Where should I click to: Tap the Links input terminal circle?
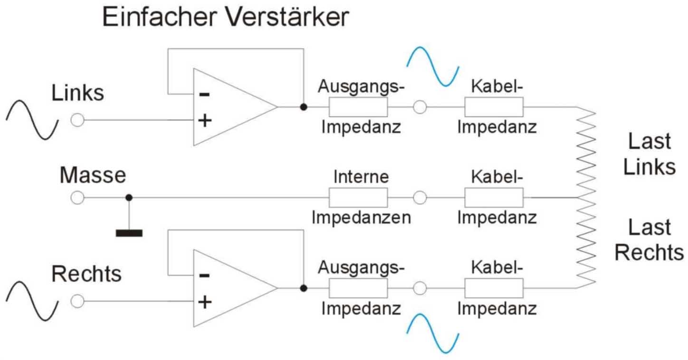pos(77,120)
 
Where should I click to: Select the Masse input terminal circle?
pos(77,198)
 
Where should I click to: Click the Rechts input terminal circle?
pos(77,301)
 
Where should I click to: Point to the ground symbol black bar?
pos(129,233)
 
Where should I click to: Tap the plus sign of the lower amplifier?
pos(204,302)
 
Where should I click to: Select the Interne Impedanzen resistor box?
pos(358,198)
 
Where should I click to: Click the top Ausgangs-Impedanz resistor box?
pos(358,107)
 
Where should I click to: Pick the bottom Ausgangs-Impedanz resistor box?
pos(358,288)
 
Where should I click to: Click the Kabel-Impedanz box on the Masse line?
pos(494,198)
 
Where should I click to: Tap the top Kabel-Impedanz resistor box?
pos(494,107)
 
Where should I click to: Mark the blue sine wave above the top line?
pos(433,66)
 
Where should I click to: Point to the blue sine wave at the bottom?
pos(433,333)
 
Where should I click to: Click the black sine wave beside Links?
pos(32,120)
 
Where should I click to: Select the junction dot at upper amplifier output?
pos(304,107)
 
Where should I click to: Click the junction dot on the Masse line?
pos(129,198)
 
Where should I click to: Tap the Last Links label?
pos(649,154)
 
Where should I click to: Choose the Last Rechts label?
pos(649,240)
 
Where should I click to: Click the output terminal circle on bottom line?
pos(420,288)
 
